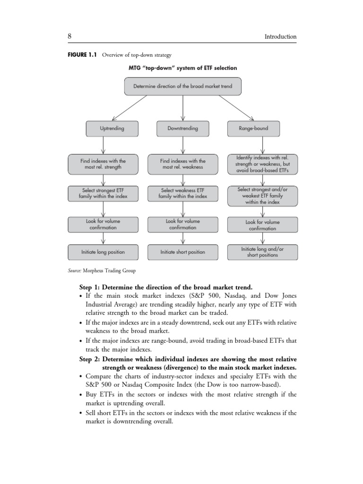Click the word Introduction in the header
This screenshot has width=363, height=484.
(280, 36)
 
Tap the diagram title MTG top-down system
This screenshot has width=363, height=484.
(182, 68)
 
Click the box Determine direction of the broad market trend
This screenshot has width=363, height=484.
(182, 86)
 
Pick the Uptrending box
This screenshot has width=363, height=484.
(112, 128)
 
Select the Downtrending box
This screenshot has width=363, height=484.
(182, 128)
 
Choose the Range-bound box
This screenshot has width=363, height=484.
(253, 128)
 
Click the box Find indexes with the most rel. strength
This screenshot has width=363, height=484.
(103, 164)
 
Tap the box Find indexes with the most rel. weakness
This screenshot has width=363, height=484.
(182, 164)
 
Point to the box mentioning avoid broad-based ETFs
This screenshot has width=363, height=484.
(262, 164)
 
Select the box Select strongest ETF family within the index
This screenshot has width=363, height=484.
(103, 193)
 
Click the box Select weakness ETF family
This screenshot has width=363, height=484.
(182, 193)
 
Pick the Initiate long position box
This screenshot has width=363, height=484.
(103, 252)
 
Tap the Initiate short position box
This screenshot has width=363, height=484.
(182, 252)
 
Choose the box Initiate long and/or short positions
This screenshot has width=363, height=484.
(262, 252)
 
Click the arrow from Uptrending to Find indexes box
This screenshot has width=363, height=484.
(103, 145)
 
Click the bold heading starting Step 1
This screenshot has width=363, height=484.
(165, 287)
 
